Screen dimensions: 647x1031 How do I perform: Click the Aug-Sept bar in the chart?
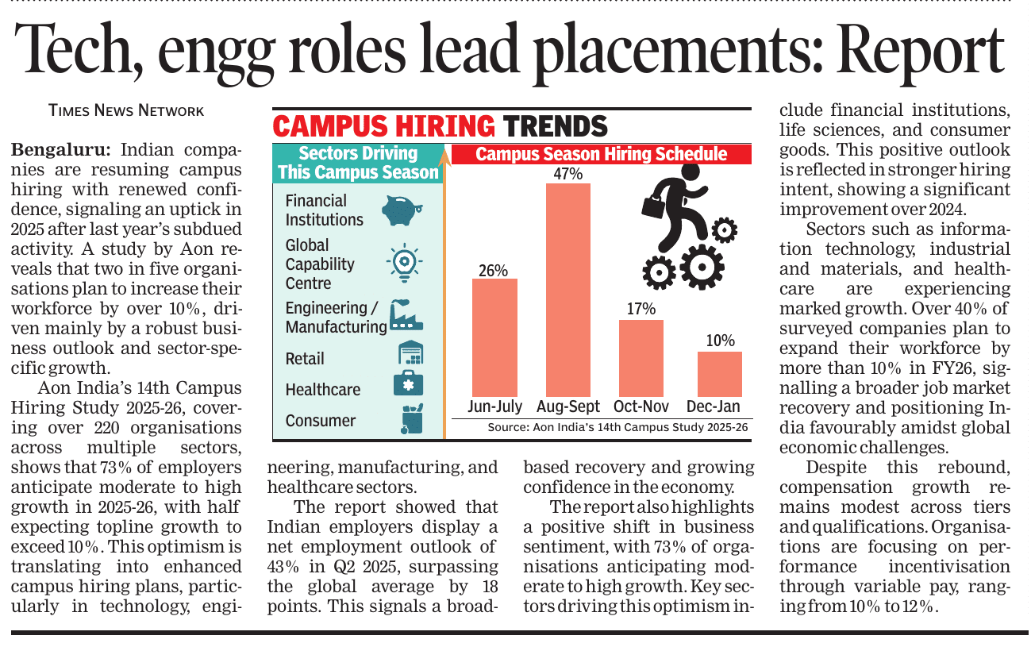(x=567, y=290)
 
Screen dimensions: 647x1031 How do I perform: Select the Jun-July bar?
(x=494, y=337)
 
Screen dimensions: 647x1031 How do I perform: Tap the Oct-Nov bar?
(x=641, y=358)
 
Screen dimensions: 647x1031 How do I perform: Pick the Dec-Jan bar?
(x=719, y=374)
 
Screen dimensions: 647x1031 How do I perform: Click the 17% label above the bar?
(x=641, y=309)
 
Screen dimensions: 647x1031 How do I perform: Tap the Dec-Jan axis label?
(x=713, y=407)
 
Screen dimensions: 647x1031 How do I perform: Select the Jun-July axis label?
(x=495, y=407)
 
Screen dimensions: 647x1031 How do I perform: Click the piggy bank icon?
(x=402, y=211)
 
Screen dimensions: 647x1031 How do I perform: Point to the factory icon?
(x=406, y=316)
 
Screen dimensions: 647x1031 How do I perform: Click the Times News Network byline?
(x=126, y=111)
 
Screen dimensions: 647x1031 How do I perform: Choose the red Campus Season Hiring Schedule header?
(x=601, y=154)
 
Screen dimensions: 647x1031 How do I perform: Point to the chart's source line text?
(x=617, y=427)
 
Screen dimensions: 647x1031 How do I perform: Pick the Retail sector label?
(x=306, y=359)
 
